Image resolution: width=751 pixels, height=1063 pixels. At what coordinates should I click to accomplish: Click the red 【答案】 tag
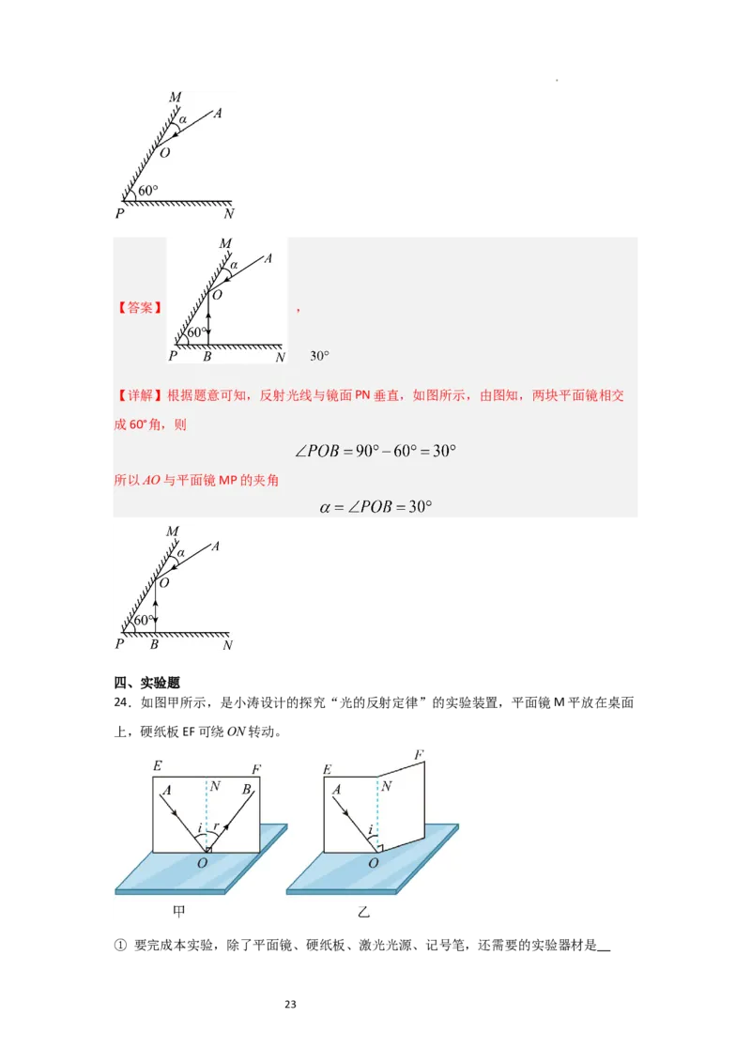click(140, 307)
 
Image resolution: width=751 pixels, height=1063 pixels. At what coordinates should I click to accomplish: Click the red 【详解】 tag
click(140, 395)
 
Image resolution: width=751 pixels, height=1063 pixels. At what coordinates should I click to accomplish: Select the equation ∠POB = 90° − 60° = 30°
click(375, 451)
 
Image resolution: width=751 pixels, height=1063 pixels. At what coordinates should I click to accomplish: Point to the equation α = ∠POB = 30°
click(375, 506)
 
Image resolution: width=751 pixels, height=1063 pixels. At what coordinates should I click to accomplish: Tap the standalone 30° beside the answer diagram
click(319, 356)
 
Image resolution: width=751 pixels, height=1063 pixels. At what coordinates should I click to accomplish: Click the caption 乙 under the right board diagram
click(364, 911)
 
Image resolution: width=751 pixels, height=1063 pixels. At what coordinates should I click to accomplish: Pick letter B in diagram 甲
click(246, 791)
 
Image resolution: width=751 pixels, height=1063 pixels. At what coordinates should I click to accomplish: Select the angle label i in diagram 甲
click(198, 829)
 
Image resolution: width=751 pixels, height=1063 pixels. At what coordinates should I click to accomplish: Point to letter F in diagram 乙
click(419, 754)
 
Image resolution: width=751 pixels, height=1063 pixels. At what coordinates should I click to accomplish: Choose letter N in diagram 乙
click(386, 786)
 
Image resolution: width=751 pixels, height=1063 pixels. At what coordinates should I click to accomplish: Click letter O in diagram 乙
click(373, 863)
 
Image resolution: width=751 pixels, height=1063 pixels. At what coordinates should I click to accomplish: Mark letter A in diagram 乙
click(336, 791)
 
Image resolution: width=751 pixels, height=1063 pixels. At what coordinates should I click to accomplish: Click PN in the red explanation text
click(364, 395)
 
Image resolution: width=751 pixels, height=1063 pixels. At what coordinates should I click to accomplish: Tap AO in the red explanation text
click(151, 480)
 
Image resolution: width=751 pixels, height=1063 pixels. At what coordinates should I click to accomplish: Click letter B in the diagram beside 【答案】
click(207, 357)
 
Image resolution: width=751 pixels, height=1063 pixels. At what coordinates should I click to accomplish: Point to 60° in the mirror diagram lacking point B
click(148, 191)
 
